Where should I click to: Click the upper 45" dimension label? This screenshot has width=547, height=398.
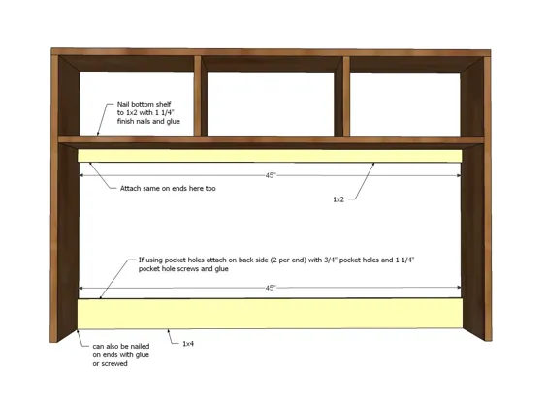pos(271,175)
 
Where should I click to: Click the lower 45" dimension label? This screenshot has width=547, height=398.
pos(271,288)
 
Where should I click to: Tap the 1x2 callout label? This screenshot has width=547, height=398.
pos(338,199)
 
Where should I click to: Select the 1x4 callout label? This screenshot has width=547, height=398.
pos(188,344)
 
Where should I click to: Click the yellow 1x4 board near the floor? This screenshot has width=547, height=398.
pos(270,314)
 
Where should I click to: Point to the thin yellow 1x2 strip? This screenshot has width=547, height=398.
pos(270,156)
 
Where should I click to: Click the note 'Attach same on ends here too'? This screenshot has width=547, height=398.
pos(168,189)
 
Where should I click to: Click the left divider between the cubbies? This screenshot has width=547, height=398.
pos(198,96)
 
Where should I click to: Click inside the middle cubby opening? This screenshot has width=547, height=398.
pos(271,104)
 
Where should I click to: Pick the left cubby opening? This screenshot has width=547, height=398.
pos(137,104)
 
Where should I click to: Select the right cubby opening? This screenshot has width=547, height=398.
pos(405,105)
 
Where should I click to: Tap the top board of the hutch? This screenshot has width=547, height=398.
pos(271,52)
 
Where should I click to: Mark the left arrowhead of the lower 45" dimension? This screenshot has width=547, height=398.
pos(80,288)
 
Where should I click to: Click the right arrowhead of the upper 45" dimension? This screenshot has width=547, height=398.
pos(459,176)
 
